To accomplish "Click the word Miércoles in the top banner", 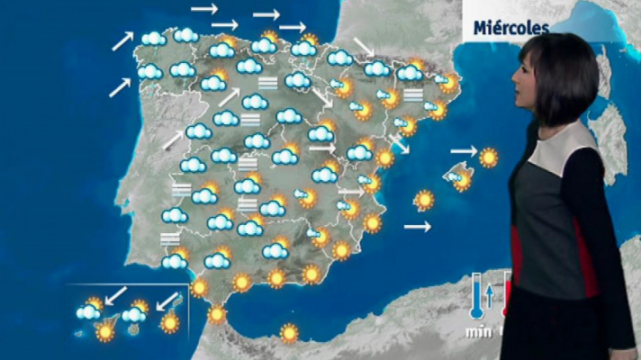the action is tap(511, 28).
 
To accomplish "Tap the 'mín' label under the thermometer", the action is tap(476, 332).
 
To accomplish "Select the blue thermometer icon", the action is tap(474, 297).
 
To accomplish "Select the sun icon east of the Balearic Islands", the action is tap(489, 157).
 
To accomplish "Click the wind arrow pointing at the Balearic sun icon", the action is tap(463, 150).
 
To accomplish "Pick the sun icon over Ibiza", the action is tap(423, 200).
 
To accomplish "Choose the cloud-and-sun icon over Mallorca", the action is tap(460, 178).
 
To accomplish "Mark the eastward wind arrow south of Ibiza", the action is tap(417, 228).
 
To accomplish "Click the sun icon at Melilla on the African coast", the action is tap(289, 333).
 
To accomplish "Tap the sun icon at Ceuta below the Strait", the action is tap(217, 314).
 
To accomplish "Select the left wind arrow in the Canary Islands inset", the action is tap(115, 295).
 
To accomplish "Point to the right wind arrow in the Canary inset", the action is tap(167, 298).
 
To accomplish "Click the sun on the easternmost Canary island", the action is tap(169, 320).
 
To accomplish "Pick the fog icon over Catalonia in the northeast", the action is tap(413, 95).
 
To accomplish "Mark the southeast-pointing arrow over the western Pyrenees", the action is tap(365, 46).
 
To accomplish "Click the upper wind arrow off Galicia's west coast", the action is tap(122, 40).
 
